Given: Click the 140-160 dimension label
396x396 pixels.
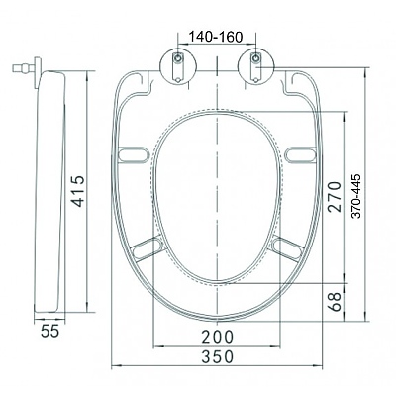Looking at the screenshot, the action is [215, 37].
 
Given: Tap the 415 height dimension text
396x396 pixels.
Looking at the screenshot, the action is [79, 191].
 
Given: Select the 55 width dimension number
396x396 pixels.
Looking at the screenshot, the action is [50, 331].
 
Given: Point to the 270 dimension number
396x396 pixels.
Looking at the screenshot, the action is [334, 196].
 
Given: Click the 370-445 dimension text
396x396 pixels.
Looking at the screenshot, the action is [356, 196].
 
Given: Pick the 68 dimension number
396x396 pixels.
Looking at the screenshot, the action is [334, 301].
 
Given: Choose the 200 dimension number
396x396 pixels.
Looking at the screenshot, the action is [218, 337].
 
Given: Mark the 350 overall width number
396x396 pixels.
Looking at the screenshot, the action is [218, 356].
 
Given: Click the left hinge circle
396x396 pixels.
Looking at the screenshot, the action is [178, 66].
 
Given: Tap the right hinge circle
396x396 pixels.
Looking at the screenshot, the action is [255, 66].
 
